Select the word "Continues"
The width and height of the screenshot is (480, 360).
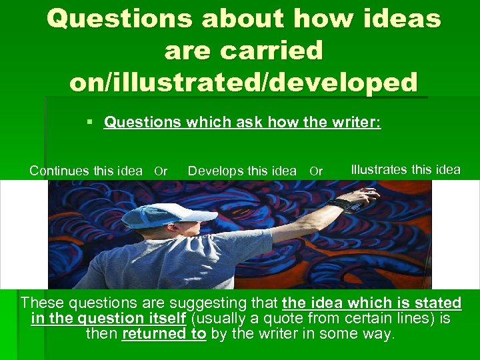[59, 171]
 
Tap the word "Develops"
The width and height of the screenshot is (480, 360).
[215, 171]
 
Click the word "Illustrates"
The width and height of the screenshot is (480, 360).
[379, 169]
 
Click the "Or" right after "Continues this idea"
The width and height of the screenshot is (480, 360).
[161, 171]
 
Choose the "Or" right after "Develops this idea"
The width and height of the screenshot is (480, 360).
[316, 171]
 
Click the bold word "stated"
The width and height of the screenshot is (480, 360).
[437, 303]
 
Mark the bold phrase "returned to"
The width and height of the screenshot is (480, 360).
[164, 334]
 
